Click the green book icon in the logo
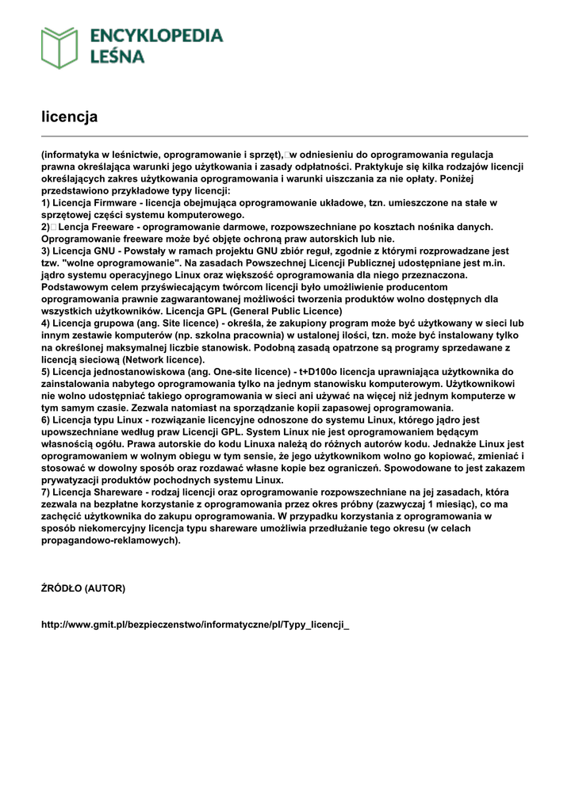pyautogui.click(x=59, y=48)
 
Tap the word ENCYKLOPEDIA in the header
pyautogui.click(x=157, y=36)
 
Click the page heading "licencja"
pyautogui.click(x=69, y=117)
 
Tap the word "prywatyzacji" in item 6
pyautogui.click(x=72, y=480)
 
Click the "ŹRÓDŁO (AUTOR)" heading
pyautogui.click(x=83, y=588)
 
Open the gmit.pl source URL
pyautogui.click(x=195, y=625)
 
